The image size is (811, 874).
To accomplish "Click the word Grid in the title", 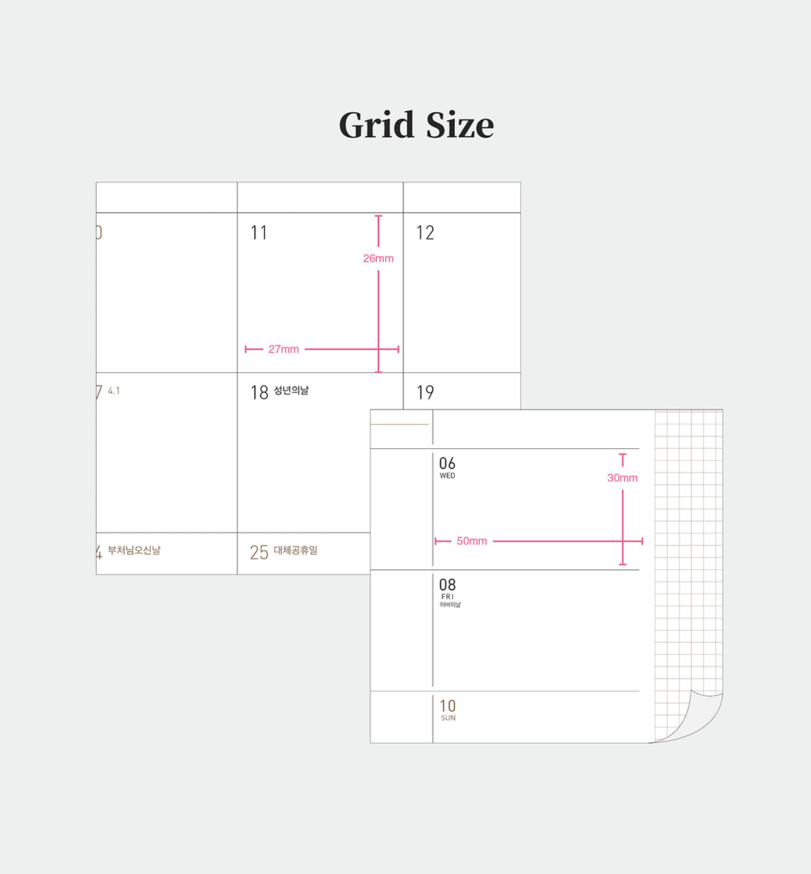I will pyautogui.click(x=376, y=126).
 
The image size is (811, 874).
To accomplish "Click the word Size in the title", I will pyautogui.click(x=460, y=126).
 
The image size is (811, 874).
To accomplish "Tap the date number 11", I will pyautogui.click(x=259, y=233).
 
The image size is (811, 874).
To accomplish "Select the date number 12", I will pyautogui.click(x=425, y=233).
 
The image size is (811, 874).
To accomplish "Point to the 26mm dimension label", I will pyautogui.click(x=378, y=258).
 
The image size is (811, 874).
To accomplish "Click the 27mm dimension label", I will pyautogui.click(x=283, y=349).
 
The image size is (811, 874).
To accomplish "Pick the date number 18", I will pyautogui.click(x=260, y=393).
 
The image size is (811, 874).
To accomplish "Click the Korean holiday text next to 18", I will pyautogui.click(x=291, y=391).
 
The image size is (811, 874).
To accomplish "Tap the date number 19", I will pyautogui.click(x=425, y=393).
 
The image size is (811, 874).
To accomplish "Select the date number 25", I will pyautogui.click(x=259, y=552).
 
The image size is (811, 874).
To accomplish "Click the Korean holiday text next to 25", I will pyautogui.click(x=295, y=550).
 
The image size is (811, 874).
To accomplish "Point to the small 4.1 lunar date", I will pyautogui.click(x=114, y=391).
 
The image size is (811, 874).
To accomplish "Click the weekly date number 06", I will pyautogui.click(x=447, y=463).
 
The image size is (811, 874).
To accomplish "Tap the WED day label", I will pyautogui.click(x=447, y=476).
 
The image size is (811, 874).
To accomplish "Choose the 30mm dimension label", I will pyautogui.click(x=622, y=478).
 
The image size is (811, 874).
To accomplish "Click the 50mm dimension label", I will pyautogui.click(x=472, y=541).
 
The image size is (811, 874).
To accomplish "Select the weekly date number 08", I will pyautogui.click(x=447, y=585).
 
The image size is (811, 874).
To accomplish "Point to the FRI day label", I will pyautogui.click(x=447, y=597).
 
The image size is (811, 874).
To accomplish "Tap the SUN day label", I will pyautogui.click(x=448, y=718).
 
